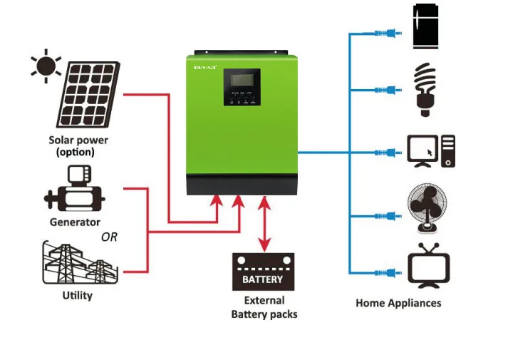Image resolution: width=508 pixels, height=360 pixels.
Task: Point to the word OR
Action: pyautogui.click(x=109, y=237)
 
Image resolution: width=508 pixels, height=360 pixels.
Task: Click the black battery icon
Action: pyautogui.click(x=263, y=272)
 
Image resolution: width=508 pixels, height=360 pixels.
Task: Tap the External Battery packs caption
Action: pyautogui.click(x=264, y=307)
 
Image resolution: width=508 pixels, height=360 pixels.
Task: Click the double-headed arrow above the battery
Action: pyautogui.click(x=264, y=225)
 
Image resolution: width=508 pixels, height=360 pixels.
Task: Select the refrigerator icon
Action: pyautogui.click(x=427, y=28)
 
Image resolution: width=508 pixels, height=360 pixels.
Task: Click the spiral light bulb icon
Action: pyautogui.click(x=425, y=90)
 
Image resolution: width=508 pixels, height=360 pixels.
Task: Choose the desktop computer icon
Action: pyautogui.click(x=430, y=150)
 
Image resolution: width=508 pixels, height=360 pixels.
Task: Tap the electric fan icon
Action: pyautogui.click(x=427, y=209)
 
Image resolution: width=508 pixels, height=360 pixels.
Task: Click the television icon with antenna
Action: pyautogui.click(x=429, y=267)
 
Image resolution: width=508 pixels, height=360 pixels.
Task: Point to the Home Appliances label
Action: pyautogui.click(x=398, y=303)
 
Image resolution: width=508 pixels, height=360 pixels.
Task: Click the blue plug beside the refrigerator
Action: pyautogui.click(x=391, y=33)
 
